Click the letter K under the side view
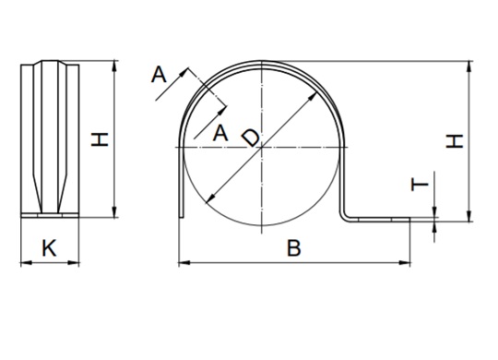pyautogui.click(x=50, y=246)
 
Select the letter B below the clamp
pyautogui.click(x=293, y=247)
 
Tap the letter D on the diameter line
pyautogui.click(x=250, y=138)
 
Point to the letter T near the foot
pyautogui.click(x=420, y=185)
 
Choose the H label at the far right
pyautogui.click(x=454, y=140)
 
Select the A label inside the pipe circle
pyautogui.click(x=219, y=133)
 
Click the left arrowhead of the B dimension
pyautogui.click(x=181, y=263)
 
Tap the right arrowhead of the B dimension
pyautogui.click(x=407, y=263)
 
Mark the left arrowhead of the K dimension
pyautogui.click(x=23, y=263)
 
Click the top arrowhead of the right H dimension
pyautogui.click(x=471, y=65)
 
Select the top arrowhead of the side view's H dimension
pyautogui.click(x=115, y=65)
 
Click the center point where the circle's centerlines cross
pyautogui.click(x=262, y=146)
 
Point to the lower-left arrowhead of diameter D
pyautogui.click(x=210, y=201)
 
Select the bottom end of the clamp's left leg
pyautogui.click(x=182, y=217)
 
